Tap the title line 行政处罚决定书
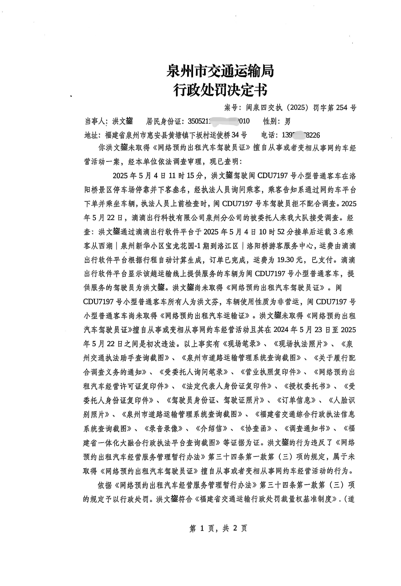coord(220,90)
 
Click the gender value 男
coord(287,122)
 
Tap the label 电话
coord(268,135)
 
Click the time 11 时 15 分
coord(186,176)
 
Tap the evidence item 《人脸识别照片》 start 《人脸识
coord(342,400)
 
